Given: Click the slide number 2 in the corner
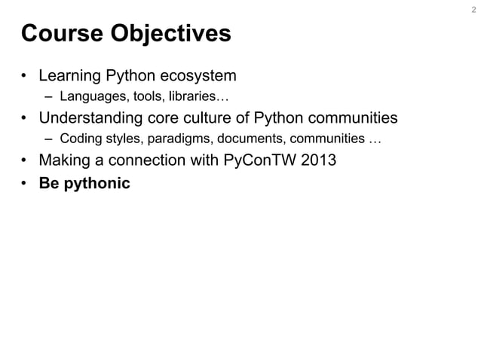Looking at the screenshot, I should point(473,11).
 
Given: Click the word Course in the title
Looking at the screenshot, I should point(63,35).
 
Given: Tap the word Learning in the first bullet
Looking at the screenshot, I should point(69,76).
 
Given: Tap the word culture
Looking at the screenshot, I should point(212,118).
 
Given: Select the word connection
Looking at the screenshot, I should point(151,160).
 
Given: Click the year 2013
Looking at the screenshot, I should point(318,160).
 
